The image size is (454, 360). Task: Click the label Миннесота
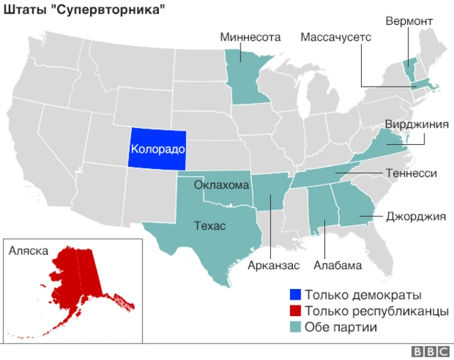click(x=250, y=37)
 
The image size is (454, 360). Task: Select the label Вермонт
click(x=409, y=21)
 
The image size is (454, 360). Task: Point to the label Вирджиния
click(x=416, y=125)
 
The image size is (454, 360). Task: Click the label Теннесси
click(x=411, y=173)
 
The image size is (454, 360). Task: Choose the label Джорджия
click(x=416, y=217)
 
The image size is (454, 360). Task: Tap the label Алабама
click(x=338, y=266)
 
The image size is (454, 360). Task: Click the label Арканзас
click(x=274, y=266)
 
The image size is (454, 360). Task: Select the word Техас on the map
click(x=210, y=227)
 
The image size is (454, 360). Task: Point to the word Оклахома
click(x=222, y=185)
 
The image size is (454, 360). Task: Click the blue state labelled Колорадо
click(x=157, y=150)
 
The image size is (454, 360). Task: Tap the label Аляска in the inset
click(x=28, y=251)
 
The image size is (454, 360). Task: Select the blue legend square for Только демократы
click(x=295, y=295)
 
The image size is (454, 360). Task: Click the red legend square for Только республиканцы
click(x=295, y=311)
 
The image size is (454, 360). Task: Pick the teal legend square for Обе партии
click(x=295, y=327)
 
